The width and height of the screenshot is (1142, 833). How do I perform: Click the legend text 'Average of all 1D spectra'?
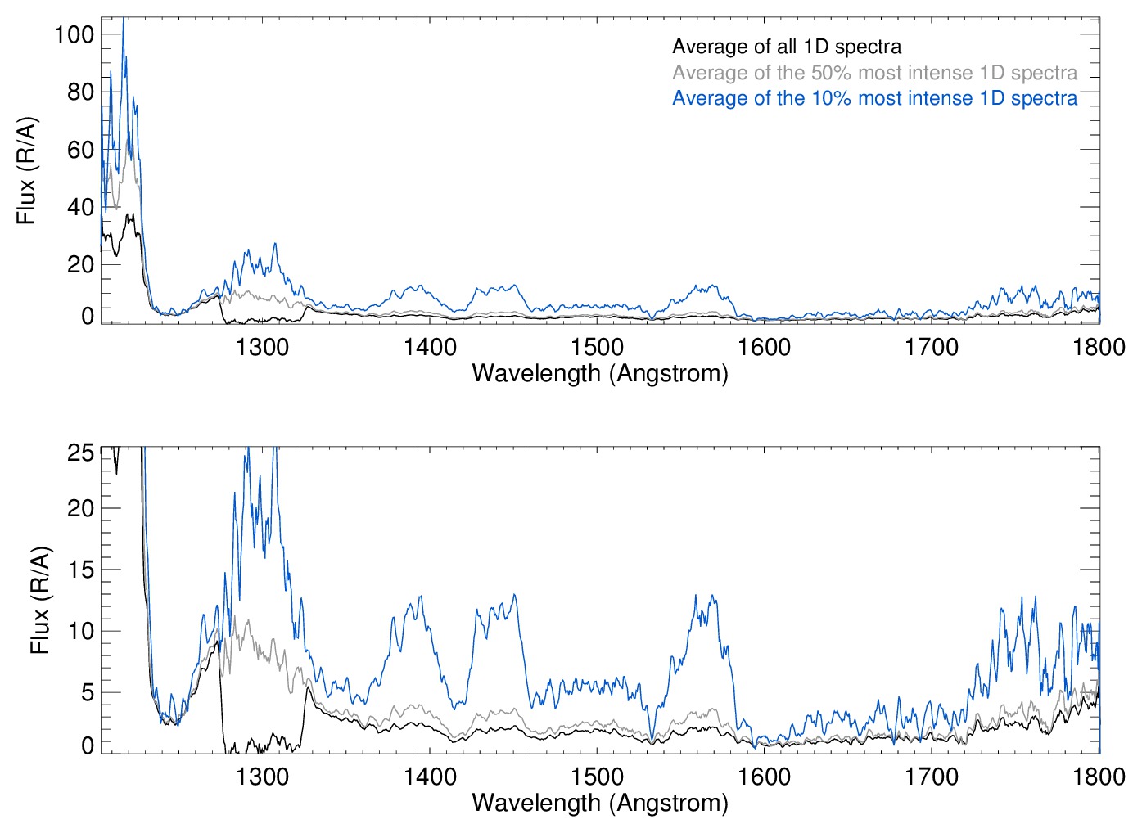point(786,47)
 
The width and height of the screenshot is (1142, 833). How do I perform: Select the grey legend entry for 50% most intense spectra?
point(874,73)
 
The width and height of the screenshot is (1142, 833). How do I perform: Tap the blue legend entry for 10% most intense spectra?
point(874,98)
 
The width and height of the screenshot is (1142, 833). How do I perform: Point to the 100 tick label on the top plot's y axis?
point(74,34)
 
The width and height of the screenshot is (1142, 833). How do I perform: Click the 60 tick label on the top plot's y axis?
point(80,150)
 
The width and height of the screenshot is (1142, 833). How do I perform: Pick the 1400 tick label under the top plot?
point(430,347)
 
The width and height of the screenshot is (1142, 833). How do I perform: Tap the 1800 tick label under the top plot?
point(1099,347)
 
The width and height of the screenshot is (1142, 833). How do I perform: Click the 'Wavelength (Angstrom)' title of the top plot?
point(600,374)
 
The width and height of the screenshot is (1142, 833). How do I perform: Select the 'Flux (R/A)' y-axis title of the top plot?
point(26,171)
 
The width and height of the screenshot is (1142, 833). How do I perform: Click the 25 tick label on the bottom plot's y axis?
point(80,453)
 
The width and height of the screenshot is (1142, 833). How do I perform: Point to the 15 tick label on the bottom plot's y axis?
point(80,570)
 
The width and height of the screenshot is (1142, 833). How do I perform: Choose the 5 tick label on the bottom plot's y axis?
point(87,693)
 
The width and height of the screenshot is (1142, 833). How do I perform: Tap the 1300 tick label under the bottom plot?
point(262,776)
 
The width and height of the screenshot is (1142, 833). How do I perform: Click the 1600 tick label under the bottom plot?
point(764,776)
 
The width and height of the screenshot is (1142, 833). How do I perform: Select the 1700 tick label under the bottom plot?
point(931,776)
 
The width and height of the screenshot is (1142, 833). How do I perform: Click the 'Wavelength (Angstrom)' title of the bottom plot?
point(600,803)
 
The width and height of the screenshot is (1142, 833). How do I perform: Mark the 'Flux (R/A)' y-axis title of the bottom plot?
point(39,600)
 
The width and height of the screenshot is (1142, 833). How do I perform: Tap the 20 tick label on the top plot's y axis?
point(80,264)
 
